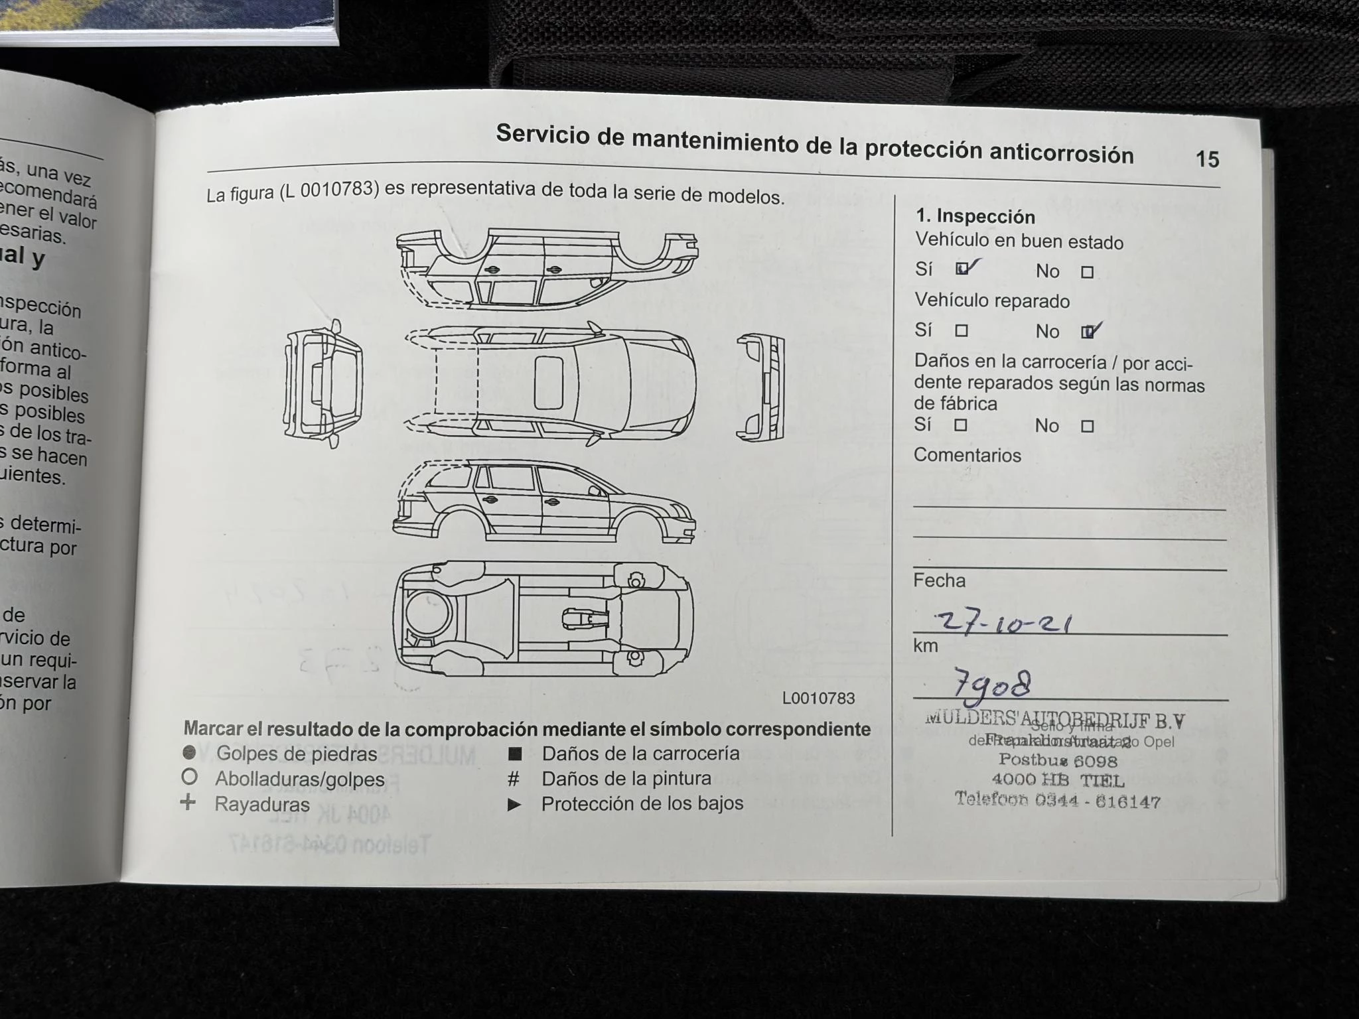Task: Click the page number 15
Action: click(1207, 159)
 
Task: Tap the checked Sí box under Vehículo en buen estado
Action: click(962, 269)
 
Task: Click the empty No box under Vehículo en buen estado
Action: click(1087, 272)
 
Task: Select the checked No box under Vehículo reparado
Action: click(1088, 332)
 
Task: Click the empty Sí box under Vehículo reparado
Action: click(961, 330)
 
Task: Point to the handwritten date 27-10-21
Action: click(1002, 623)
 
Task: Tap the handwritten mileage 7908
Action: click(992, 685)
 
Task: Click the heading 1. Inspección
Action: click(975, 217)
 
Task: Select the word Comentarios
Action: click(967, 455)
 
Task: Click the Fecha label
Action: click(939, 580)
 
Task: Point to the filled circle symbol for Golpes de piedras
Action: click(189, 752)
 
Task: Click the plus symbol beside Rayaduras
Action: click(188, 803)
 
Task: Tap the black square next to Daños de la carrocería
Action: click(515, 754)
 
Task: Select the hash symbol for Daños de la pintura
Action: click(514, 779)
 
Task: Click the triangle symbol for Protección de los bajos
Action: click(514, 805)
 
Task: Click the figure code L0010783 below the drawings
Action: click(818, 698)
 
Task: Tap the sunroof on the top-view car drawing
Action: click(549, 383)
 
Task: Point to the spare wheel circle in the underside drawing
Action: click(429, 612)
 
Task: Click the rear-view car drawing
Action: click(323, 383)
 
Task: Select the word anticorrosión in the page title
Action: click(1061, 153)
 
